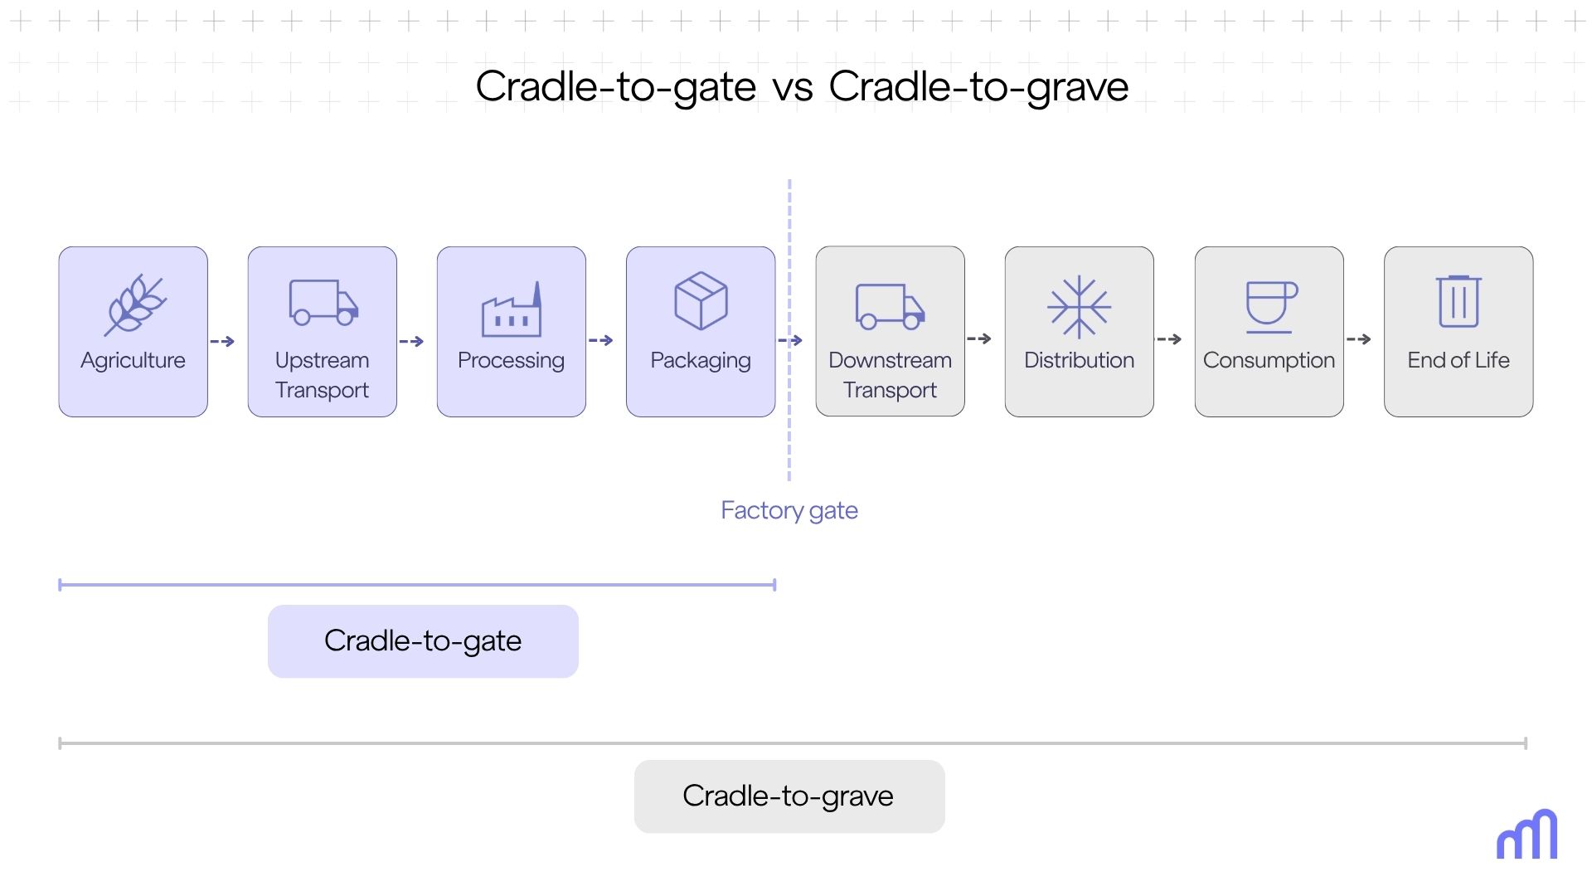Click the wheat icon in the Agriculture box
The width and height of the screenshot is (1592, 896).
pyautogui.click(x=135, y=304)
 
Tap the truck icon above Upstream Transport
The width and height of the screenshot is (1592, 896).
pyautogui.click(x=323, y=302)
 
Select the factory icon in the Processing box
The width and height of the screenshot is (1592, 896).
pyautogui.click(x=512, y=310)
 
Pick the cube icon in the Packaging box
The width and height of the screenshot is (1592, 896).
pyautogui.click(x=701, y=300)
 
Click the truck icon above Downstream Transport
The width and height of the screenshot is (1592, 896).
pyautogui.click(x=890, y=306)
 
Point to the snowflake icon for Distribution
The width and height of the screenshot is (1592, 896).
pyautogui.click(x=1079, y=307)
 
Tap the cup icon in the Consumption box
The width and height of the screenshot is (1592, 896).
pyautogui.click(x=1270, y=306)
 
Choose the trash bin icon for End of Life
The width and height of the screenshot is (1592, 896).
pyautogui.click(x=1459, y=302)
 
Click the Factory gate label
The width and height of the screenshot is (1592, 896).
pyautogui.click(x=789, y=510)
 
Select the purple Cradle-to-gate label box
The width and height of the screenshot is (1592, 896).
pyautogui.click(x=423, y=641)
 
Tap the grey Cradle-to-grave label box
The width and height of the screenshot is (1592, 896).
pyautogui.click(x=789, y=796)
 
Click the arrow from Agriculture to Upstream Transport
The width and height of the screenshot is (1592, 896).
pyautogui.click(x=222, y=341)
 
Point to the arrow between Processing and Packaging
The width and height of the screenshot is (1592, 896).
pyautogui.click(x=600, y=340)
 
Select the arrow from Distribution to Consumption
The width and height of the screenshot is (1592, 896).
pyautogui.click(x=1169, y=339)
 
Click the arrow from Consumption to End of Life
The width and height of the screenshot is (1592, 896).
pyautogui.click(x=1358, y=339)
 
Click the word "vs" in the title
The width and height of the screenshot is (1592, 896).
pyautogui.click(x=793, y=87)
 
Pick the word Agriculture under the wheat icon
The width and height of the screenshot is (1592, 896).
pyautogui.click(x=133, y=360)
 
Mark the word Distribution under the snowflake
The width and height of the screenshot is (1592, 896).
pyautogui.click(x=1079, y=360)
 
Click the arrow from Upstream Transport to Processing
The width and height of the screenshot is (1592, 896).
pyautogui.click(x=411, y=341)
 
